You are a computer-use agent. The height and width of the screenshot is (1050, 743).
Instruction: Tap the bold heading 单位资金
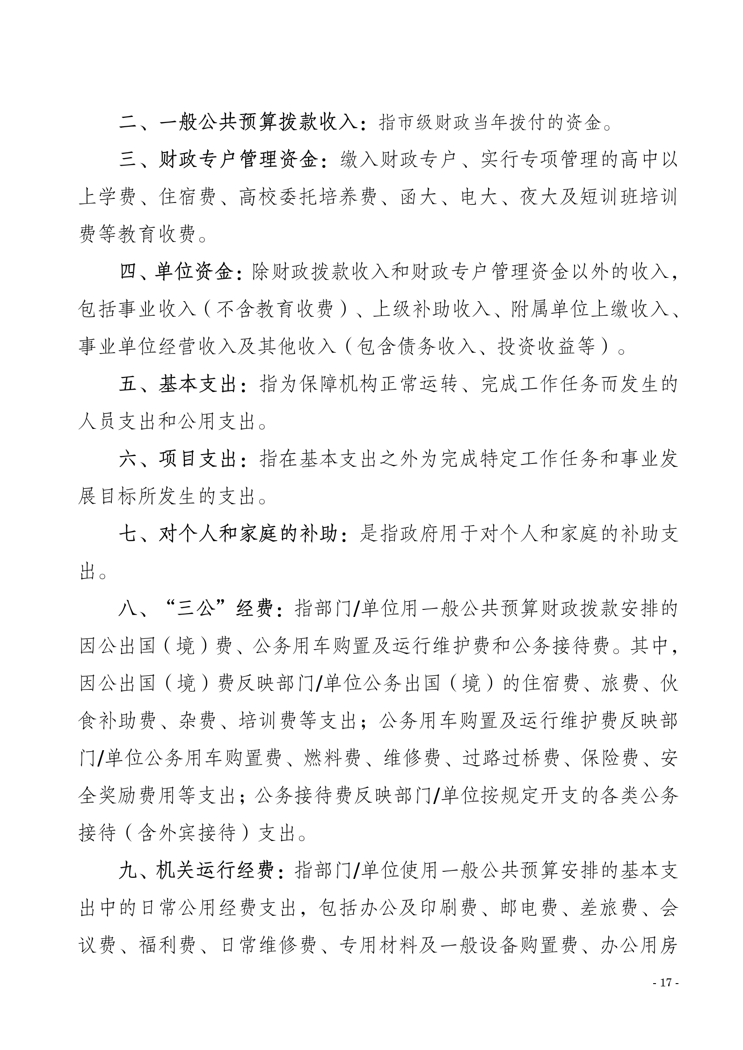click(194, 272)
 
